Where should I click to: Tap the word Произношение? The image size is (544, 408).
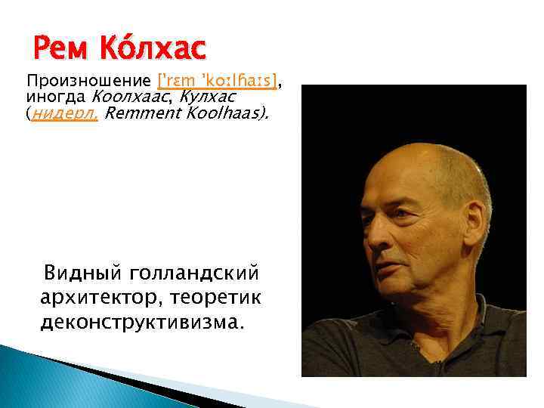point(90,81)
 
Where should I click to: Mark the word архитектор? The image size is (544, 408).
point(96,297)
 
